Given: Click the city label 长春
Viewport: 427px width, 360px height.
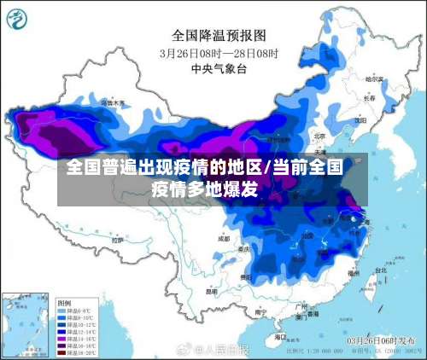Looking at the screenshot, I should (x=369, y=98).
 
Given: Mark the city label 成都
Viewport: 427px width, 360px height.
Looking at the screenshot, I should (x=224, y=239).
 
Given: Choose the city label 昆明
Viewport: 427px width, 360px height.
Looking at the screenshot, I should (x=212, y=290).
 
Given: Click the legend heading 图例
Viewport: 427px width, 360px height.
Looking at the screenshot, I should (x=64, y=302).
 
